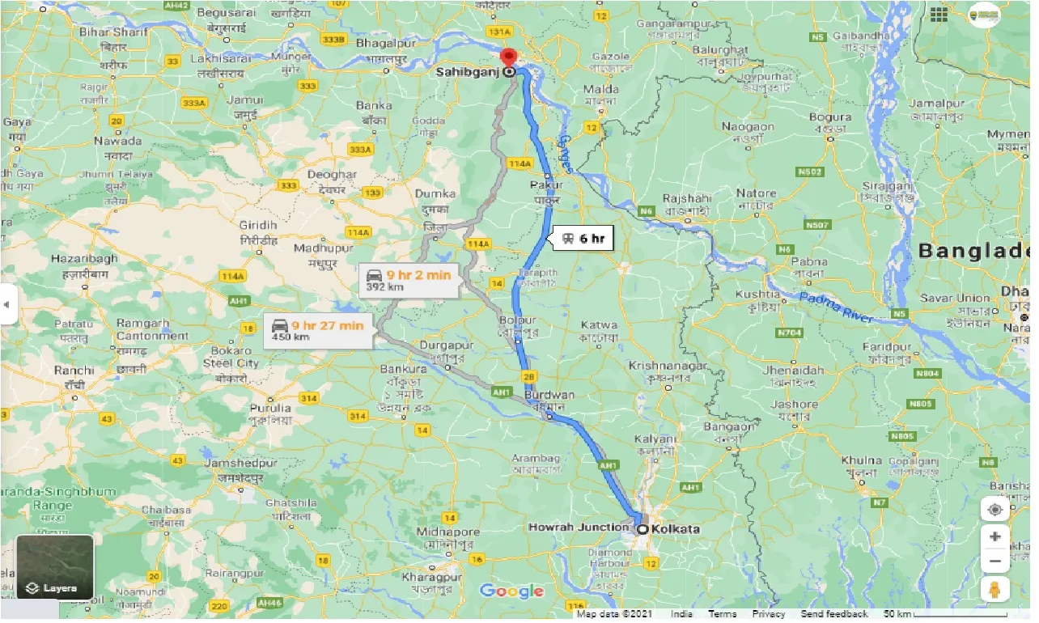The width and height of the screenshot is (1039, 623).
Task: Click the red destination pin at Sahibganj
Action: click(x=508, y=59)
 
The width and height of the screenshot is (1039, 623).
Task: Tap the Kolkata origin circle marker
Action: click(x=642, y=530)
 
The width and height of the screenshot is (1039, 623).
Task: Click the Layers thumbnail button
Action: click(x=54, y=567)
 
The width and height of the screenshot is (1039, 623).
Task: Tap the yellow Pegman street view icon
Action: click(x=994, y=589)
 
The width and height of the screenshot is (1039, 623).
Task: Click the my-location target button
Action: click(x=994, y=510)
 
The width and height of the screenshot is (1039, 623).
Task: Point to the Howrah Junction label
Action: click(x=579, y=528)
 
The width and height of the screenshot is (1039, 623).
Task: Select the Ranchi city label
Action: click(x=75, y=371)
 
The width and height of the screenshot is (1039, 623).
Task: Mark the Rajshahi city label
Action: click(x=686, y=198)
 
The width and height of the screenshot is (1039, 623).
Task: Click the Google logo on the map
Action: click(x=511, y=591)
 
